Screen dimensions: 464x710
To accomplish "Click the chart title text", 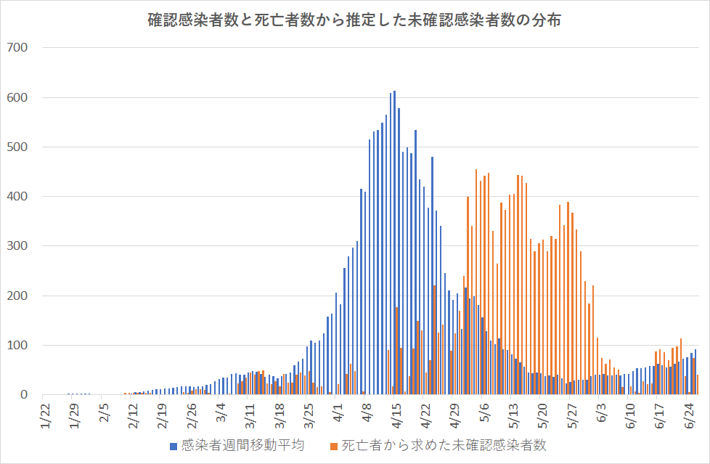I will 354,21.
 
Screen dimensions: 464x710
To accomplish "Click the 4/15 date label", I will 394,420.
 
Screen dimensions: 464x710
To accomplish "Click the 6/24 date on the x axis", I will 688,420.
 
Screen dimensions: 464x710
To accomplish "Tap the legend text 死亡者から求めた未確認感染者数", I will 444,445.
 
